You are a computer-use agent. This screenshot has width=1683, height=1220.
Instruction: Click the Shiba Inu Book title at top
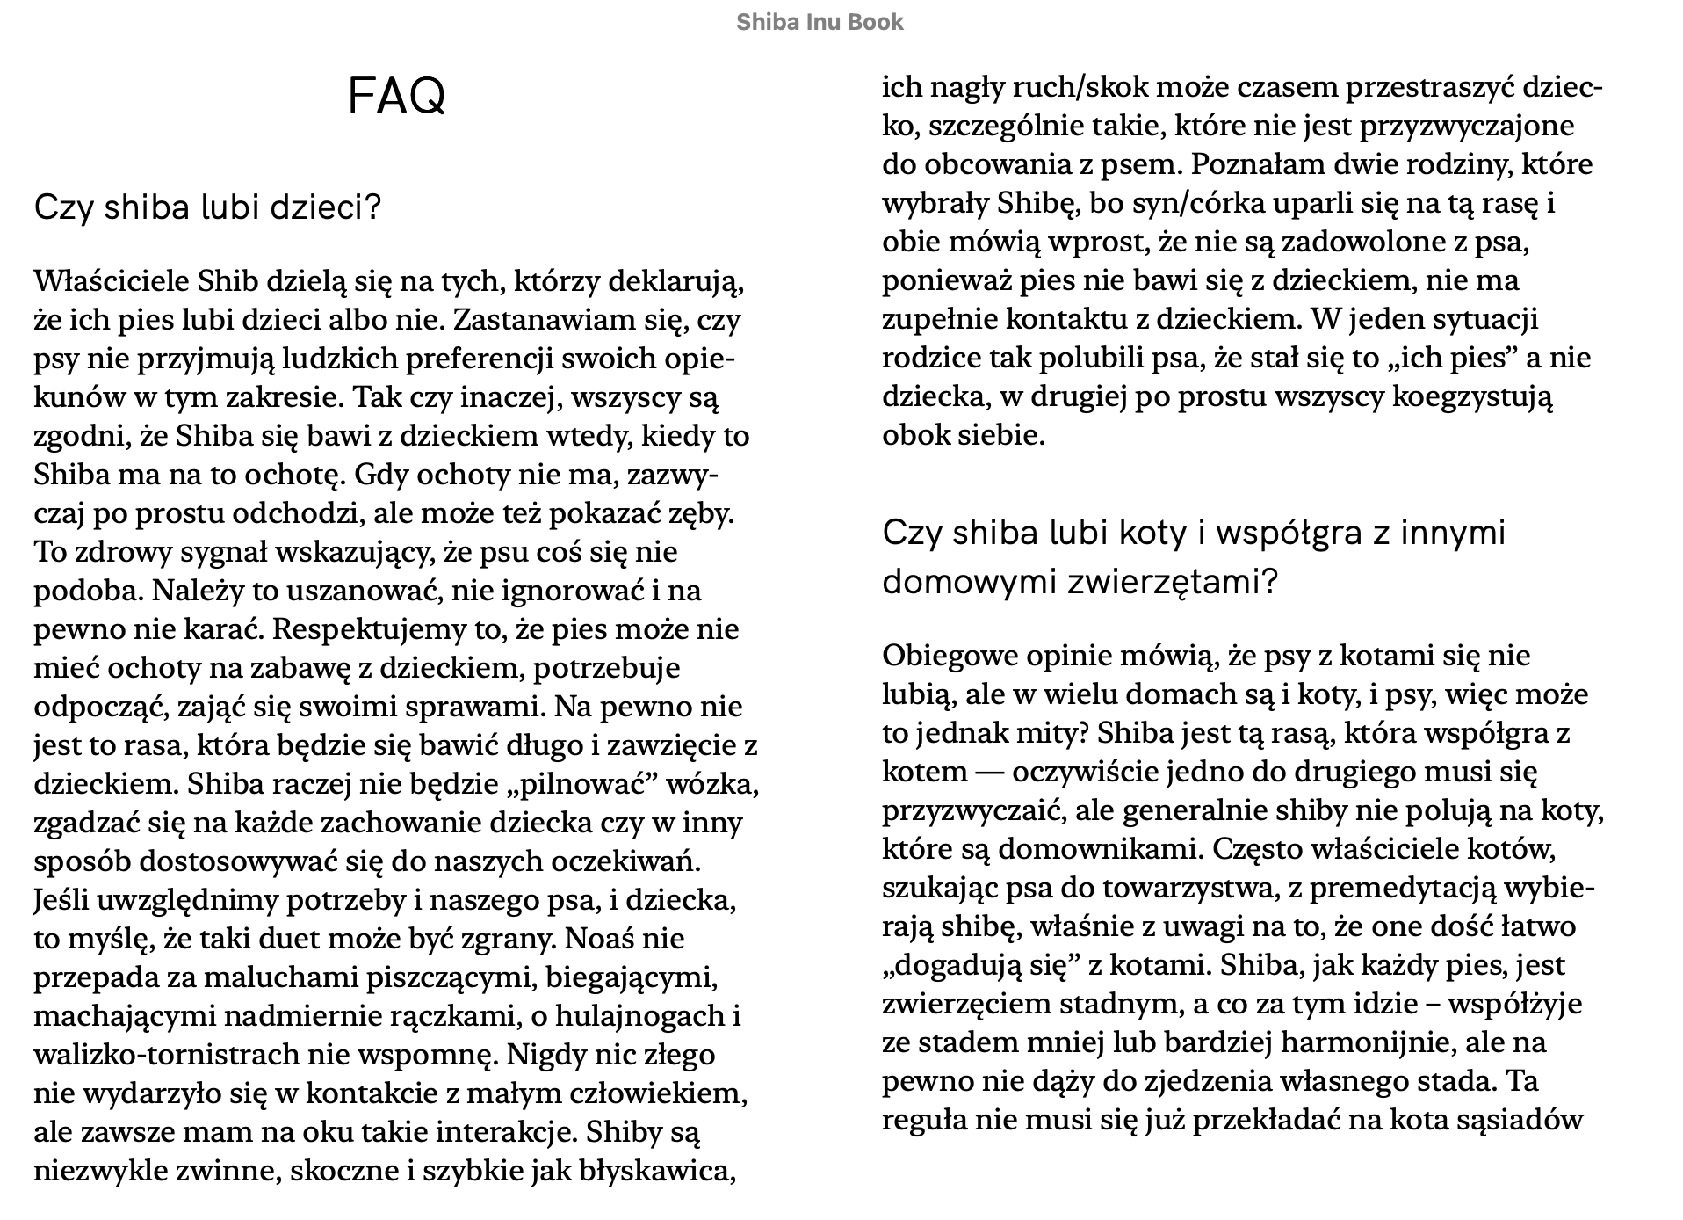820,22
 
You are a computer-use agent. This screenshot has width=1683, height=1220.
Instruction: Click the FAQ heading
397,96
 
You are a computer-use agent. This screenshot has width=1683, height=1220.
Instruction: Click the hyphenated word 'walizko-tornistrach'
163,1055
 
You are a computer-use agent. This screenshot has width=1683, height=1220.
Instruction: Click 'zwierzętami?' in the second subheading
1172,582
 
